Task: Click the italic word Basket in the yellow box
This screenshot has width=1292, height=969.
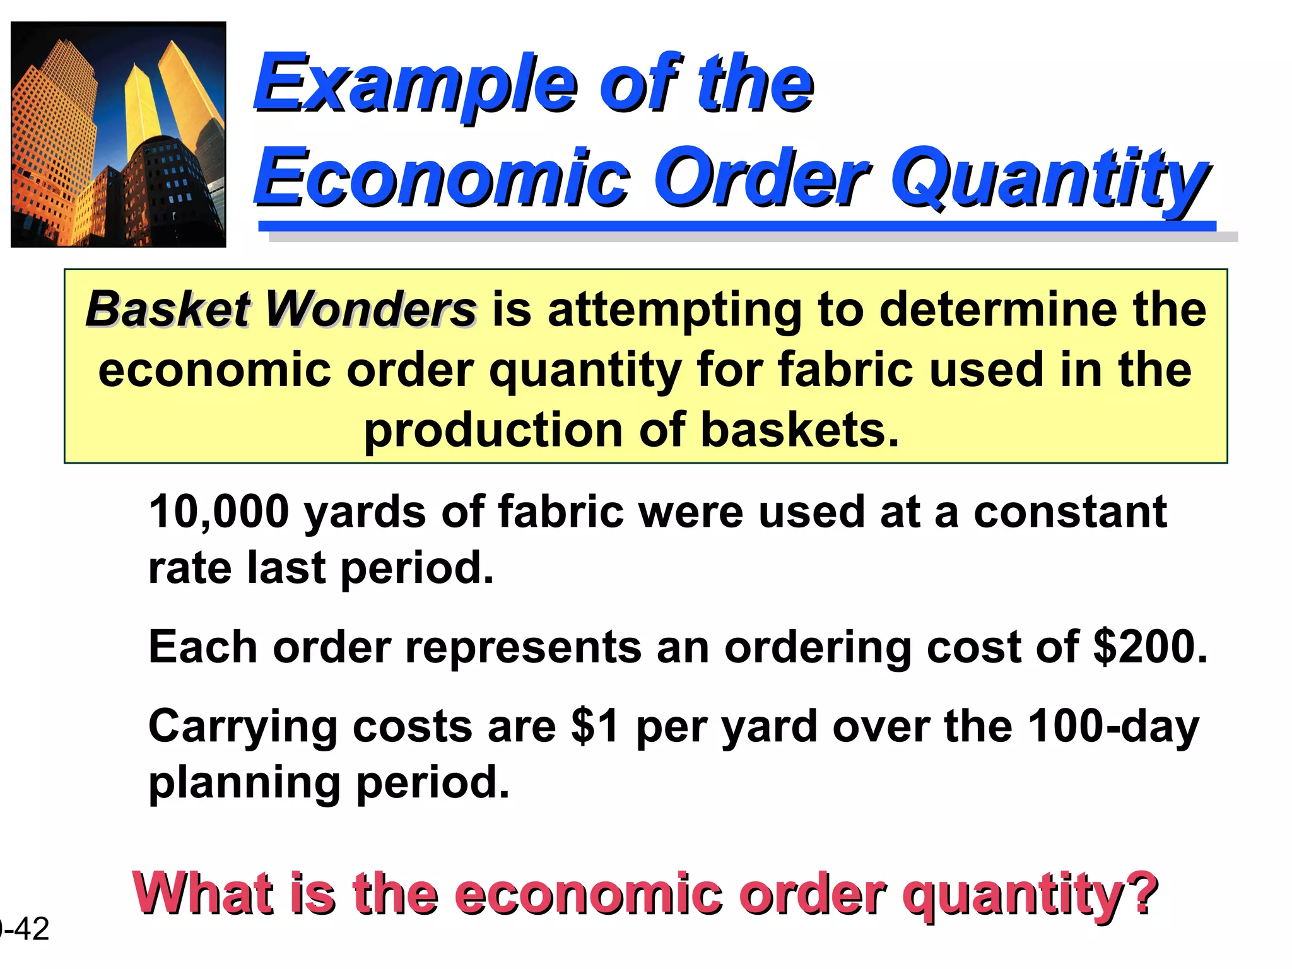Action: pos(168,310)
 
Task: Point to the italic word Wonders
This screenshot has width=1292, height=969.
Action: pos(370,310)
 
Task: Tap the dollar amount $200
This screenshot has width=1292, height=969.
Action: pos(1149,647)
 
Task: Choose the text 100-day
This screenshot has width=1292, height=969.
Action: pos(1113,727)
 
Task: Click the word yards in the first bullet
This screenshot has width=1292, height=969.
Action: pos(365,512)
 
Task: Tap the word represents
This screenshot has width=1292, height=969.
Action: pos(523,647)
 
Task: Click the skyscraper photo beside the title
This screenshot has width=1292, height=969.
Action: pos(119,134)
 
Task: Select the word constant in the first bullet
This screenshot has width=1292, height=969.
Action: pos(1070,512)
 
